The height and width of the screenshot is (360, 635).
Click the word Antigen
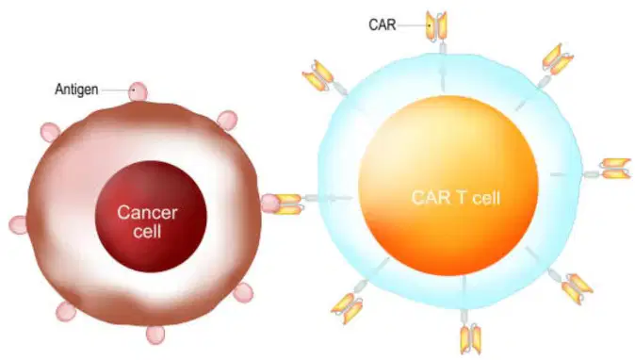[x=76, y=90]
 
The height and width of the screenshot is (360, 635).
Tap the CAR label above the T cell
[x=382, y=25]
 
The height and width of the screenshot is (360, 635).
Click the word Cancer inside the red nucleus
[x=147, y=213]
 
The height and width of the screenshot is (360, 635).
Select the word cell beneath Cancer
[x=147, y=231]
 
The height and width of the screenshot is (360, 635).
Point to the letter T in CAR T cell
[x=461, y=198]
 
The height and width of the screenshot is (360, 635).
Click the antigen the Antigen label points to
[x=138, y=91]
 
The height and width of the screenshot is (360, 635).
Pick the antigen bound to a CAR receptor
[x=270, y=204]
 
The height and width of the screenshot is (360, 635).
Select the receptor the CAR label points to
[x=437, y=27]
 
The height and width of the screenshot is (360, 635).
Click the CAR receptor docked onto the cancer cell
[x=290, y=204]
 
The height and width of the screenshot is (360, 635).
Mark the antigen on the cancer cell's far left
[x=18, y=225]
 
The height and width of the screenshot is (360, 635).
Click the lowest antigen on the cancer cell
[x=155, y=335]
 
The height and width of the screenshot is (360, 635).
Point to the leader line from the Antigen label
[x=116, y=90]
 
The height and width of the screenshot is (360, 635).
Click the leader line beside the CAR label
[x=413, y=25]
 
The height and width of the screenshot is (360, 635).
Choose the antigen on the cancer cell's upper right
[x=227, y=121]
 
